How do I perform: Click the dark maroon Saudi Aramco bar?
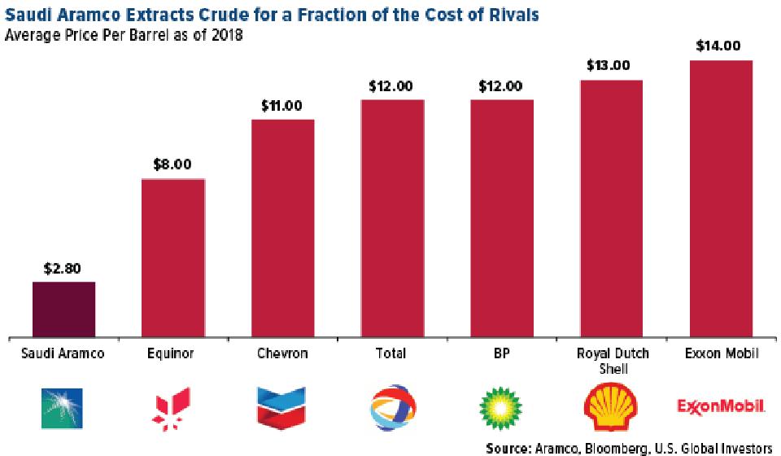[63, 309]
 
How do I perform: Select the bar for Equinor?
[173, 257]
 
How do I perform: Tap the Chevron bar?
[282, 227]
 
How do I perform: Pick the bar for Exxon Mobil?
[720, 198]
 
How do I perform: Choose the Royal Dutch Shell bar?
[611, 208]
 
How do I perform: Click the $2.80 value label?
[63, 268]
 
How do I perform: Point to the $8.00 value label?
[172, 164]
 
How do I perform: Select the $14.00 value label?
[718, 46]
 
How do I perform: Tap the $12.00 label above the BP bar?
[502, 85]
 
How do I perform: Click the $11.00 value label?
[282, 105]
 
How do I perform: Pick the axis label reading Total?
[392, 354]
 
